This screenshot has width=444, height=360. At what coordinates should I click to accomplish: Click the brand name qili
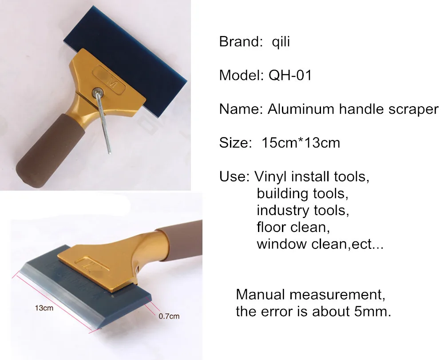click(281, 42)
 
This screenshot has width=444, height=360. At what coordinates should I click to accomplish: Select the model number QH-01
click(290, 76)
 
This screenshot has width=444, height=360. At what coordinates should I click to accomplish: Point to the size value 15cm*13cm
click(301, 143)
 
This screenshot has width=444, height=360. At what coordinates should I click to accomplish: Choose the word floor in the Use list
click(272, 227)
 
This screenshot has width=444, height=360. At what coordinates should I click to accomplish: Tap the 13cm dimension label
click(44, 308)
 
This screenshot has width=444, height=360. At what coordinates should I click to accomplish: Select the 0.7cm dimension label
click(169, 316)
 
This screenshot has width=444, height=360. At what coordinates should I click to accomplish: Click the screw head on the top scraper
click(99, 91)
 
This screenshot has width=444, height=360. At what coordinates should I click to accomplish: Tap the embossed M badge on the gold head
click(109, 80)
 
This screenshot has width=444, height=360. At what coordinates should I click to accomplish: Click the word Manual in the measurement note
click(260, 295)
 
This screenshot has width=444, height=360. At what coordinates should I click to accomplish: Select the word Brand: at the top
click(241, 42)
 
